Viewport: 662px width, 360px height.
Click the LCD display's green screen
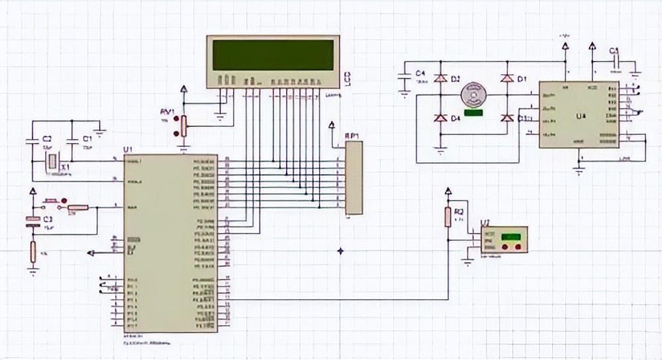click(273, 55)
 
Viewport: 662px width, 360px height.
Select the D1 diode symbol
click(507, 79)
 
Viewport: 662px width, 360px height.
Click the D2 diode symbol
click(440, 79)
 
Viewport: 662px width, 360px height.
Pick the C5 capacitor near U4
click(616, 63)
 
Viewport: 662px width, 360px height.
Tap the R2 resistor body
click(448, 216)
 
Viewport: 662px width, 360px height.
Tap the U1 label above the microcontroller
click(128, 150)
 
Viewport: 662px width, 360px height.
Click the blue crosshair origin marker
click(341, 251)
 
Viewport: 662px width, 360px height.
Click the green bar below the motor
click(473, 112)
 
